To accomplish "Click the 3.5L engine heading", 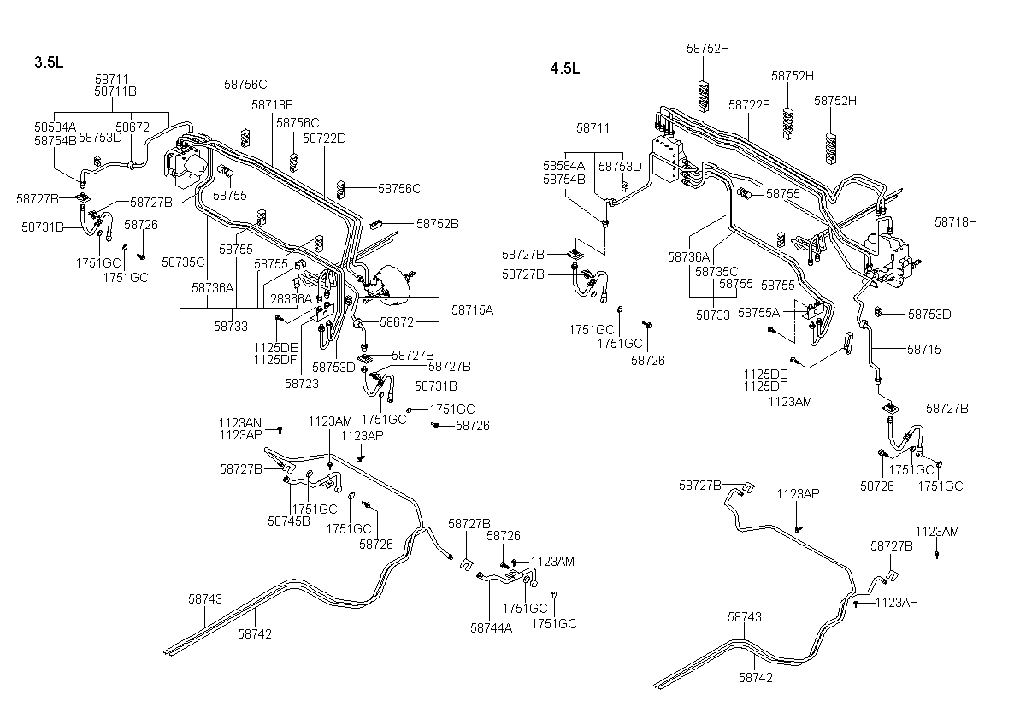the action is click(x=49, y=62).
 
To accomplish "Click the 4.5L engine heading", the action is click(x=565, y=68).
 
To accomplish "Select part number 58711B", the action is click(x=115, y=91).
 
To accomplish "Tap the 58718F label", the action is click(x=272, y=105).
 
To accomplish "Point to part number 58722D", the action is click(x=324, y=138).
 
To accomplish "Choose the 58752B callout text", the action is click(x=438, y=224).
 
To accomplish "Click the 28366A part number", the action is click(x=291, y=299).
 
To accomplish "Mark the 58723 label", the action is click(x=301, y=384).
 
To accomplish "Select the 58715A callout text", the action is click(x=472, y=310).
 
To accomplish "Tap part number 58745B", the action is click(x=289, y=521).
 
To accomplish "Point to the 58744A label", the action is click(x=491, y=628).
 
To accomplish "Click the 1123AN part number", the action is click(x=240, y=423).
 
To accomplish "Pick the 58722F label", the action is click(x=749, y=105).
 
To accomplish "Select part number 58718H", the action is click(x=956, y=222).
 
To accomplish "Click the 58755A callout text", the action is click(x=758, y=313).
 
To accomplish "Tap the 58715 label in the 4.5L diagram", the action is click(x=924, y=350).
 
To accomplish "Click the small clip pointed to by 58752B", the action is click(x=376, y=224).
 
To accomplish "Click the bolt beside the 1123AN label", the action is click(x=280, y=430).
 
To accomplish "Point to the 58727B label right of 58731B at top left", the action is click(x=151, y=203).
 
